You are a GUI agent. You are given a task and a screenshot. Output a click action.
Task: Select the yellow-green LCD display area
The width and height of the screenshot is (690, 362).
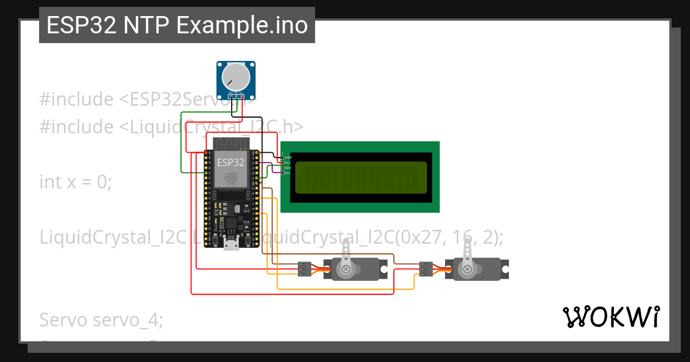click(x=361, y=177)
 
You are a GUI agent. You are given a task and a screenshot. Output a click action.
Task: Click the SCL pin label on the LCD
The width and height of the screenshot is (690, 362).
click(x=287, y=172)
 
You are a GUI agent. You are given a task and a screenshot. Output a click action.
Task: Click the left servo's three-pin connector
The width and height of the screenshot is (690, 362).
click(x=305, y=269)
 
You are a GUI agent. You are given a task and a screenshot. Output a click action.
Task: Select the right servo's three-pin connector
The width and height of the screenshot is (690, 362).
click(x=426, y=269)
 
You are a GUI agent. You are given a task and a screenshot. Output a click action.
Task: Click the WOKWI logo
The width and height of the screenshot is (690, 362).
click(x=610, y=317)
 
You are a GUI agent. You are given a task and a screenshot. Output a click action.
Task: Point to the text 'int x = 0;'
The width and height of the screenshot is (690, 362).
click(x=75, y=182)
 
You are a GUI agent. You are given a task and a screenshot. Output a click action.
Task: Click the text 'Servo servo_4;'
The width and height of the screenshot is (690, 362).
click(x=101, y=319)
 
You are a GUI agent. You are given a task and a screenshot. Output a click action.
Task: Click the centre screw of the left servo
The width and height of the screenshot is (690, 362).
click(x=346, y=269)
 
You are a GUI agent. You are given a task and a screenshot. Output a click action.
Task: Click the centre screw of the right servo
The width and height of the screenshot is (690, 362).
click(x=467, y=269)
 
